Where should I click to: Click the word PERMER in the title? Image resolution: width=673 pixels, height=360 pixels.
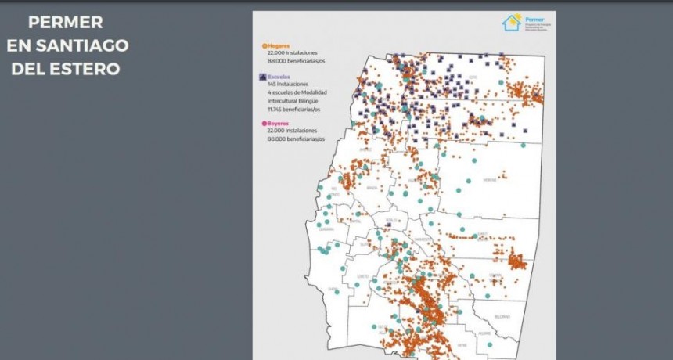click(66, 23)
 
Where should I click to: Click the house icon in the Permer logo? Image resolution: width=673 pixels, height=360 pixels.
click(512, 22)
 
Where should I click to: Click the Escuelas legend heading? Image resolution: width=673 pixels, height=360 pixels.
click(283, 77)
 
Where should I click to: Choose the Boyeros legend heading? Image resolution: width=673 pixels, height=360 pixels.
click(282, 124)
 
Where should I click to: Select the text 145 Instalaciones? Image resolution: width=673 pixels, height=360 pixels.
click(289, 85)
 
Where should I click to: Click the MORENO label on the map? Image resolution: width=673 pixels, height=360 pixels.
click(490, 180)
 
